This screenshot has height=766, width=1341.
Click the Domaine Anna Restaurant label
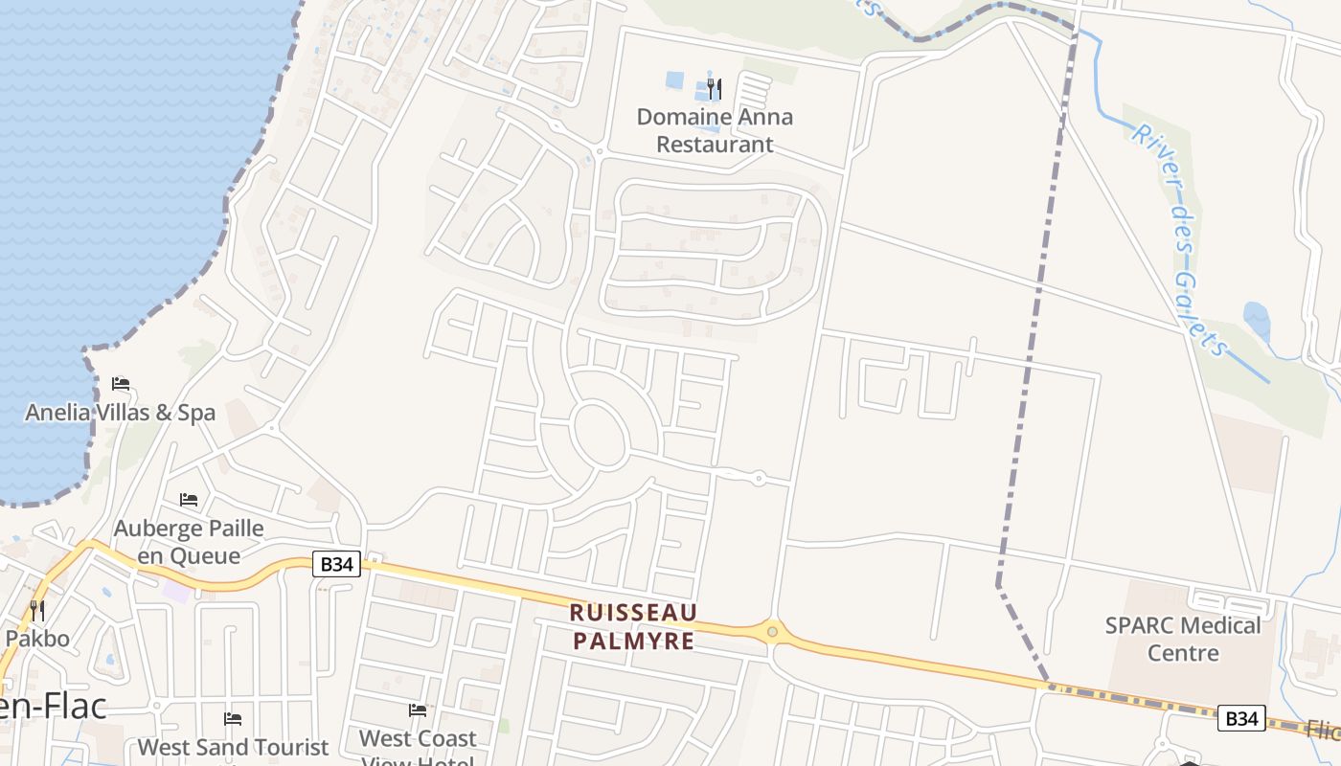(x=715, y=130)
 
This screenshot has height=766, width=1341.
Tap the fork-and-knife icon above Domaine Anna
(x=715, y=89)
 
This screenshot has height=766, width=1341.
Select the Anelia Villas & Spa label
(x=120, y=413)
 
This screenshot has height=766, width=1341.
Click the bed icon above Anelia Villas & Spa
(x=121, y=384)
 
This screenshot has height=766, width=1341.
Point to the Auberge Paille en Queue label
(x=189, y=541)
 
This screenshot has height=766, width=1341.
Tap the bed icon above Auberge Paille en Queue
(x=189, y=500)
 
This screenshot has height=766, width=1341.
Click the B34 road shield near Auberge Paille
(x=336, y=564)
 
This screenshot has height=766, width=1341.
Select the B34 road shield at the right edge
(x=1241, y=717)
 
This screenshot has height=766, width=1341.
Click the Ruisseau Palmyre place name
(x=633, y=626)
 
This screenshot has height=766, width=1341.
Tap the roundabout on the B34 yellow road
(x=772, y=632)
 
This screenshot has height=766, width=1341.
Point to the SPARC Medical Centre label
(x=1183, y=639)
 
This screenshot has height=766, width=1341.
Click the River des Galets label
(x=1179, y=239)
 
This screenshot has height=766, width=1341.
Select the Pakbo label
(x=37, y=638)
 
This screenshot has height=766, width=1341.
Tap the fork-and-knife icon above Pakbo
(x=37, y=610)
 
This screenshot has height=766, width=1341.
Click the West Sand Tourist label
(x=233, y=747)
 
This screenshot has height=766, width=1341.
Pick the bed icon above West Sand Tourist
(x=233, y=719)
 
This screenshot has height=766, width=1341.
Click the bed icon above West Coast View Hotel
(x=418, y=710)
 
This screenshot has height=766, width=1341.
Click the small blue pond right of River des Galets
(x=1257, y=321)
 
